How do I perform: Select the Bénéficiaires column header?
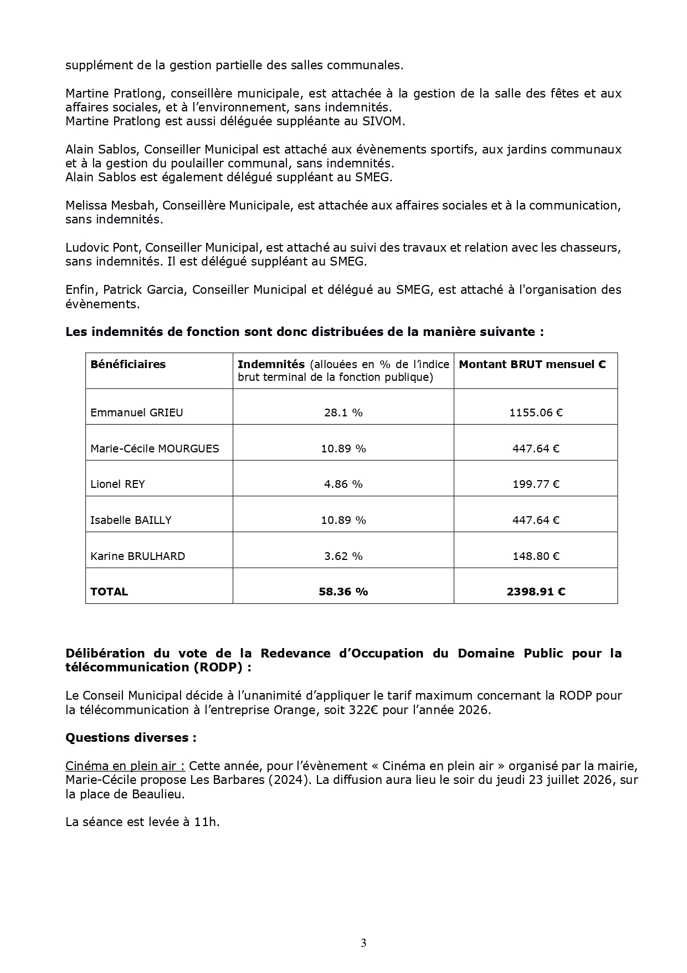(x=128, y=364)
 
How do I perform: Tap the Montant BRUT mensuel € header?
(x=532, y=364)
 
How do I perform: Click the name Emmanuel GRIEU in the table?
(x=136, y=412)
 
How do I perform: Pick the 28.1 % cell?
(x=343, y=412)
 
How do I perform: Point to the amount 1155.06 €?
(x=536, y=412)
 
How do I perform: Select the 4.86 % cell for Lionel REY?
(x=343, y=484)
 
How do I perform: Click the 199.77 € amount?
(x=536, y=484)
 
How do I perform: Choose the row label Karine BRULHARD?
(x=137, y=556)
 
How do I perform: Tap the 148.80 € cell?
(x=536, y=556)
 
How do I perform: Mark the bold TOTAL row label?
(x=109, y=592)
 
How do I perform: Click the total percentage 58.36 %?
(x=343, y=592)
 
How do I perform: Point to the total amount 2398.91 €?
(x=536, y=592)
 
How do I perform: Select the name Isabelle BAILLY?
(x=131, y=520)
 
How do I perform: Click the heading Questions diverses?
(x=131, y=738)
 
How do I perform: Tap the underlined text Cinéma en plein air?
(x=125, y=766)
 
